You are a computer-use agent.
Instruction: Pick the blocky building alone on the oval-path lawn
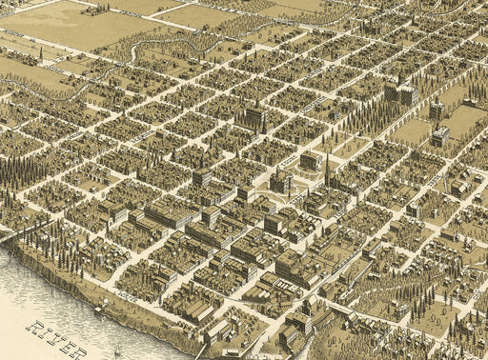pos(311,161)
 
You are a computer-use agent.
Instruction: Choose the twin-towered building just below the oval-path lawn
pos(281,180)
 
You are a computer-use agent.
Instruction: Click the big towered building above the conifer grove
pos(400,94)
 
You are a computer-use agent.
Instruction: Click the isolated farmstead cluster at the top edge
pos(95,10)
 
